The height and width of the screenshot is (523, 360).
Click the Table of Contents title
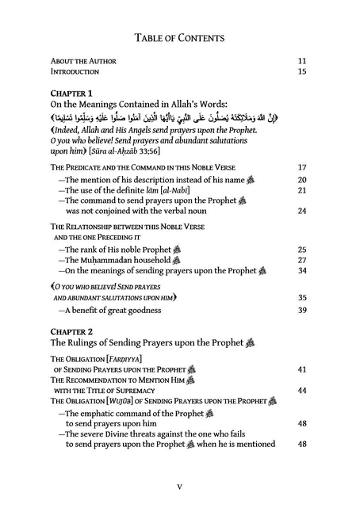[179, 37]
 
